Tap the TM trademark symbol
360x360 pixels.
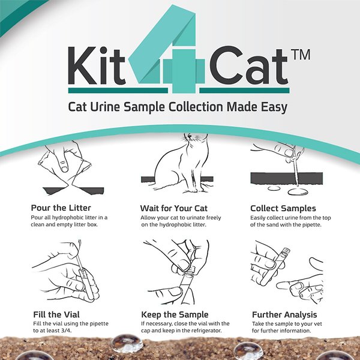point(303,54)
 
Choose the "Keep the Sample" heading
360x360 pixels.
point(175,314)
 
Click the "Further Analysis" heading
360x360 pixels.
point(284,314)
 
